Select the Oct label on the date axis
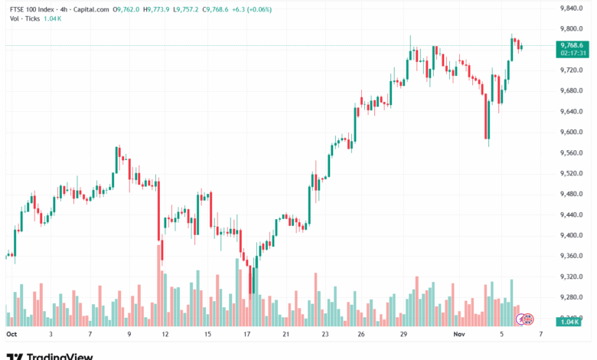[11, 335]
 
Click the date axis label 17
[246, 335]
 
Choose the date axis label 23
[325, 335]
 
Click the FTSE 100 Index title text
[34, 9]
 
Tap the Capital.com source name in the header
[90, 9]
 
